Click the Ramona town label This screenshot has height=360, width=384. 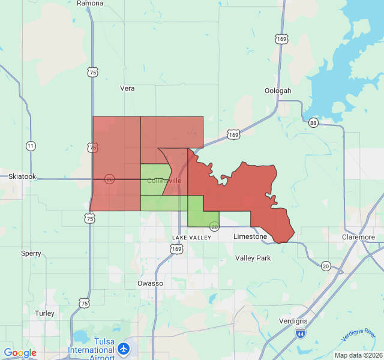coord(91,3)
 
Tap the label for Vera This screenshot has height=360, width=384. coord(127,88)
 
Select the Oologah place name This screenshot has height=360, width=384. coord(278,91)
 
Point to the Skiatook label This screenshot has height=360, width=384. coord(22,176)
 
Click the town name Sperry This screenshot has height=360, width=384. coord(31,253)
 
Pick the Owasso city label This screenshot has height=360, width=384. coord(150,283)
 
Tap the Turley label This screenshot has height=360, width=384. coord(44,313)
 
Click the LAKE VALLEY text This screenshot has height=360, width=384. coord(191,238)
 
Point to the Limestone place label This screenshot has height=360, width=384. coord(250,236)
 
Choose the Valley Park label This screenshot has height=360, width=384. coord(253,258)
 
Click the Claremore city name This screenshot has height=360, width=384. coord(358,237)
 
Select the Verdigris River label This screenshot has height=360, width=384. coord(358,335)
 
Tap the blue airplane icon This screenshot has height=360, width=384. coord(124,347)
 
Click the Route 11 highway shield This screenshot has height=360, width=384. coord(31,146)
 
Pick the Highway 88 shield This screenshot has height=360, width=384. coord(313,123)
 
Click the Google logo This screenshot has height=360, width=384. coord(20,353)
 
